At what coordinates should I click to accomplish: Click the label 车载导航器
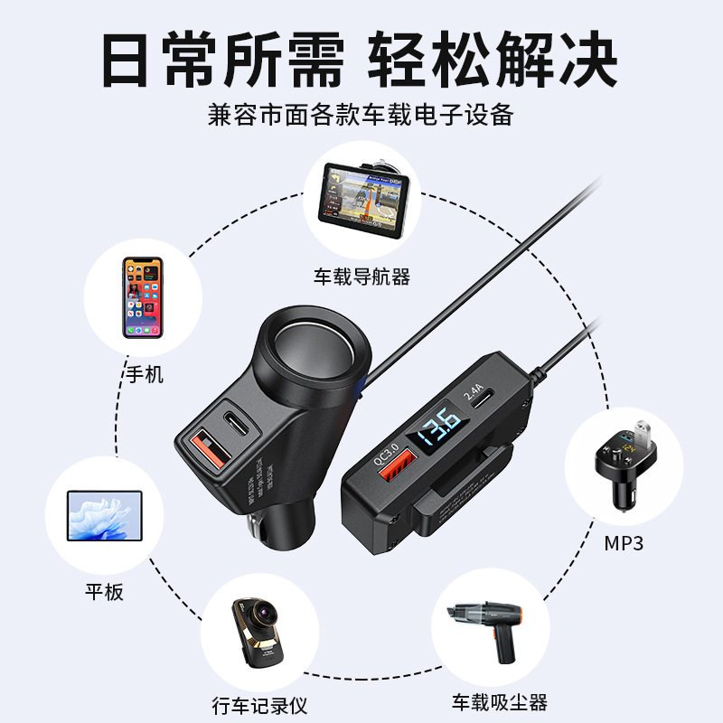(361, 277)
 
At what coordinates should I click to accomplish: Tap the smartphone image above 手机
(143, 297)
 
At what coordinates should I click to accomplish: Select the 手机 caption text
(143, 374)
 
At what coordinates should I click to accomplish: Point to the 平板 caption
(104, 592)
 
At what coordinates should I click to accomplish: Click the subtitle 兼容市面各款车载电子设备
(361, 116)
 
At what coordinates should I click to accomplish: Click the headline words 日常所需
(222, 60)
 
